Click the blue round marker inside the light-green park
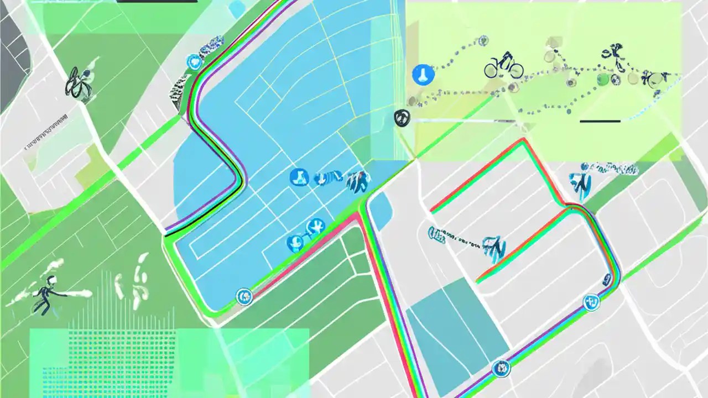[x=423, y=74]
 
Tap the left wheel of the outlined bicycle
[x=492, y=70]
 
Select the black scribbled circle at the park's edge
[x=402, y=117]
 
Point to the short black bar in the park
[x=600, y=121]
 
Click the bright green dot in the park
[x=602, y=80]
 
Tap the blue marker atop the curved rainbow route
[x=194, y=62]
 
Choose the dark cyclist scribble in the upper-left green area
[x=77, y=84]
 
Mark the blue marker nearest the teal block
[x=501, y=368]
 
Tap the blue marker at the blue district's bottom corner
[x=243, y=297]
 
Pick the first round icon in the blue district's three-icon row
[x=298, y=177]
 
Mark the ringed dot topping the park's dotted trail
[x=483, y=40]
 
